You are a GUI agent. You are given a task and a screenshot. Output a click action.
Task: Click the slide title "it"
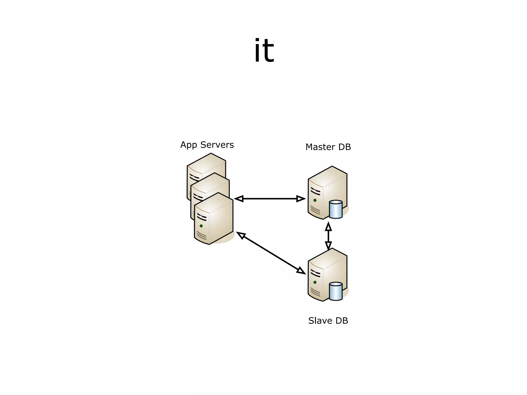tap(264, 51)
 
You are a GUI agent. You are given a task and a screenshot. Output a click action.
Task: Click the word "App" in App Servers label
tap(188, 145)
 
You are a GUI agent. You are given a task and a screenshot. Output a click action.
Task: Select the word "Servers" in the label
tap(217, 145)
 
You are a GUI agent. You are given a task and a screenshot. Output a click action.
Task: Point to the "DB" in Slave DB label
tap(342, 321)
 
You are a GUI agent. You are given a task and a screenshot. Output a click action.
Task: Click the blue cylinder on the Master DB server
tap(336, 210)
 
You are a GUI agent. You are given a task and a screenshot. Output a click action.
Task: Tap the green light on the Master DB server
tap(315, 200)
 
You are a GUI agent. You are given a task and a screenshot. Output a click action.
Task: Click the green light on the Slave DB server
tap(315, 282)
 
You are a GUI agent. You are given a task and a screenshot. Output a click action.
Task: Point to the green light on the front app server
tap(201, 226)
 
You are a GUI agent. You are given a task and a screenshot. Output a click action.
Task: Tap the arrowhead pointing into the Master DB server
tap(301, 199)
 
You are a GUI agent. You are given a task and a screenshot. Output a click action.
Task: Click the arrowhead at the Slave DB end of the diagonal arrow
tap(301, 271)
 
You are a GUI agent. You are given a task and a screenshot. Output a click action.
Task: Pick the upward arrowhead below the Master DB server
tap(328, 227)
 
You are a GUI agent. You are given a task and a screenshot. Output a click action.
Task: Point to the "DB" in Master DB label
tap(345, 147)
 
